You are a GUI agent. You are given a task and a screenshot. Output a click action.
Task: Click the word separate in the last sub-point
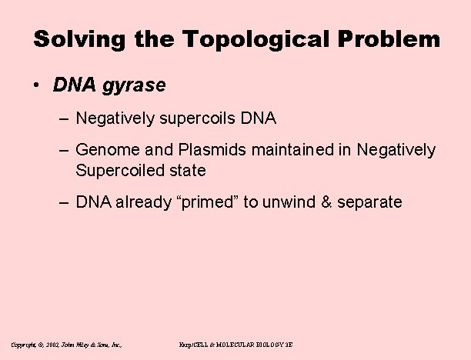pos(371,202)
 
